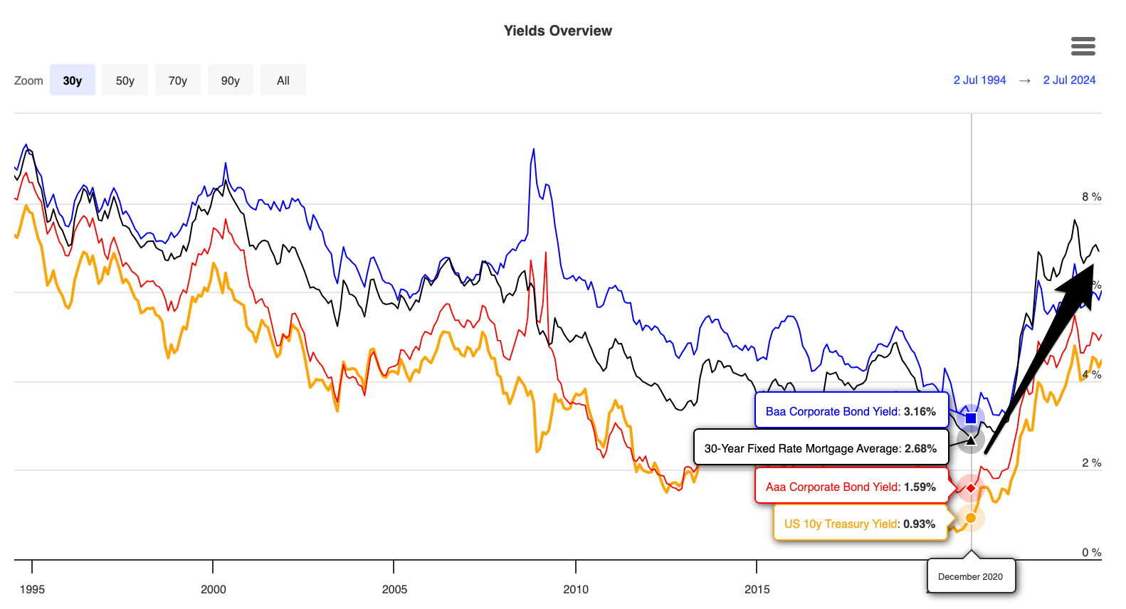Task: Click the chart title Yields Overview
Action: point(557,31)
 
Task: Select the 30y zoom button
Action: point(73,80)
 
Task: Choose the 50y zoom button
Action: point(125,80)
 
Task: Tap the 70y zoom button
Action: point(178,80)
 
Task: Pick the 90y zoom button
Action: point(231,80)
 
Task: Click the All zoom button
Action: point(283,80)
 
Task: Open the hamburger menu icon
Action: point(1083,46)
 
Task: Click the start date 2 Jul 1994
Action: point(979,80)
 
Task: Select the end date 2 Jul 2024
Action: point(1069,80)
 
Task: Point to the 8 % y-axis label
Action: point(1091,197)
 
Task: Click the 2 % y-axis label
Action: point(1091,463)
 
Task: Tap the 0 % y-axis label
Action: point(1091,553)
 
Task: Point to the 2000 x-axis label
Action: point(214,589)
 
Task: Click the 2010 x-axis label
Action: point(576,589)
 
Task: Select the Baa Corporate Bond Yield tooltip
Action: point(851,411)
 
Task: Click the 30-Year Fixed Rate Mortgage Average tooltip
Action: point(820,448)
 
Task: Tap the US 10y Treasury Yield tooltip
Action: point(859,524)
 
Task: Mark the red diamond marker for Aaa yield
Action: point(971,488)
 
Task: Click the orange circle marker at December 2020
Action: point(971,518)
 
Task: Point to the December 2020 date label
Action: point(970,576)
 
